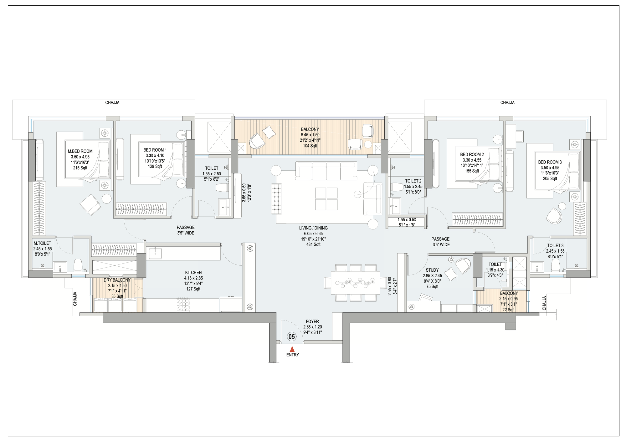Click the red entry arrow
[292, 349]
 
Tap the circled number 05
[292, 337]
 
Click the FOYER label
[312, 321]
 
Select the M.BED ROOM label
[80, 151]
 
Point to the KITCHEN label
[193, 273]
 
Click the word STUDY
[432, 270]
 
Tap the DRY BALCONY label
[117, 280]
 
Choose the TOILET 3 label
[555, 246]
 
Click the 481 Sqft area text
[313, 244]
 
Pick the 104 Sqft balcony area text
[310, 146]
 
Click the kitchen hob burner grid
[183, 304]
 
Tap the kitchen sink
[155, 253]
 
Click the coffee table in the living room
[326, 199]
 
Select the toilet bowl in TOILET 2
[397, 187]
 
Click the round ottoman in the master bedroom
[107, 199]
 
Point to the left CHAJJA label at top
[112, 103]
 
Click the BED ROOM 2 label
[472, 154]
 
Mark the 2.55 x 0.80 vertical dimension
[389, 286]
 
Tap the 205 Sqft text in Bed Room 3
[550, 178]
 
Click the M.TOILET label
[42, 243]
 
